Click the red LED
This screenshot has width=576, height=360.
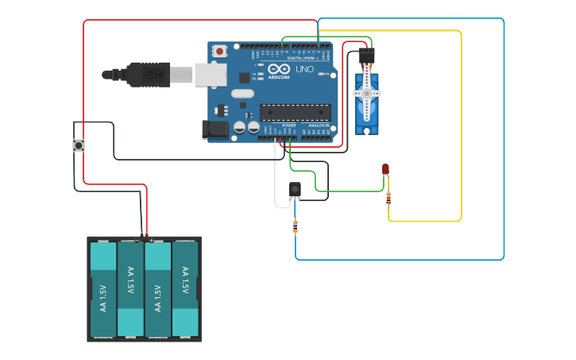click(x=385, y=168)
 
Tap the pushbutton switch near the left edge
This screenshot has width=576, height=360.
click(x=79, y=145)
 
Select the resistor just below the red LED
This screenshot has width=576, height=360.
click(x=389, y=199)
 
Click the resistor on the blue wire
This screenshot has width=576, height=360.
click(x=296, y=227)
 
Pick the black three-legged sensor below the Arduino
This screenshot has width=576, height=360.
click(x=295, y=188)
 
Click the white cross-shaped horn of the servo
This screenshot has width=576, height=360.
click(x=366, y=93)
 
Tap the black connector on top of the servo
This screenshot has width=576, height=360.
click(x=366, y=56)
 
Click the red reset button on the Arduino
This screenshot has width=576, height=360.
click(x=219, y=52)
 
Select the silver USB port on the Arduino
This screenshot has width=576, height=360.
click(x=210, y=75)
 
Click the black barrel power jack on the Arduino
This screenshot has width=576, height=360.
click(x=215, y=130)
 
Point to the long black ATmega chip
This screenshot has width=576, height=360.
click(x=296, y=113)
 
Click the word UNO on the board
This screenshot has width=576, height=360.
click(x=305, y=70)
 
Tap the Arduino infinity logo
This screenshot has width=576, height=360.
click(x=279, y=70)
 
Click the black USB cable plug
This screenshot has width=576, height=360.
click(x=147, y=75)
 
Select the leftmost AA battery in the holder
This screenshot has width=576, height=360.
click(x=103, y=289)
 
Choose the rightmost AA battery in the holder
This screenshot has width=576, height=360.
click(x=184, y=289)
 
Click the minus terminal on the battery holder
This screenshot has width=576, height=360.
click(x=137, y=239)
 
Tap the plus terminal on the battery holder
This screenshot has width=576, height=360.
click(x=151, y=239)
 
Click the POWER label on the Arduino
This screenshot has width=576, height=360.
click(x=289, y=126)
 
